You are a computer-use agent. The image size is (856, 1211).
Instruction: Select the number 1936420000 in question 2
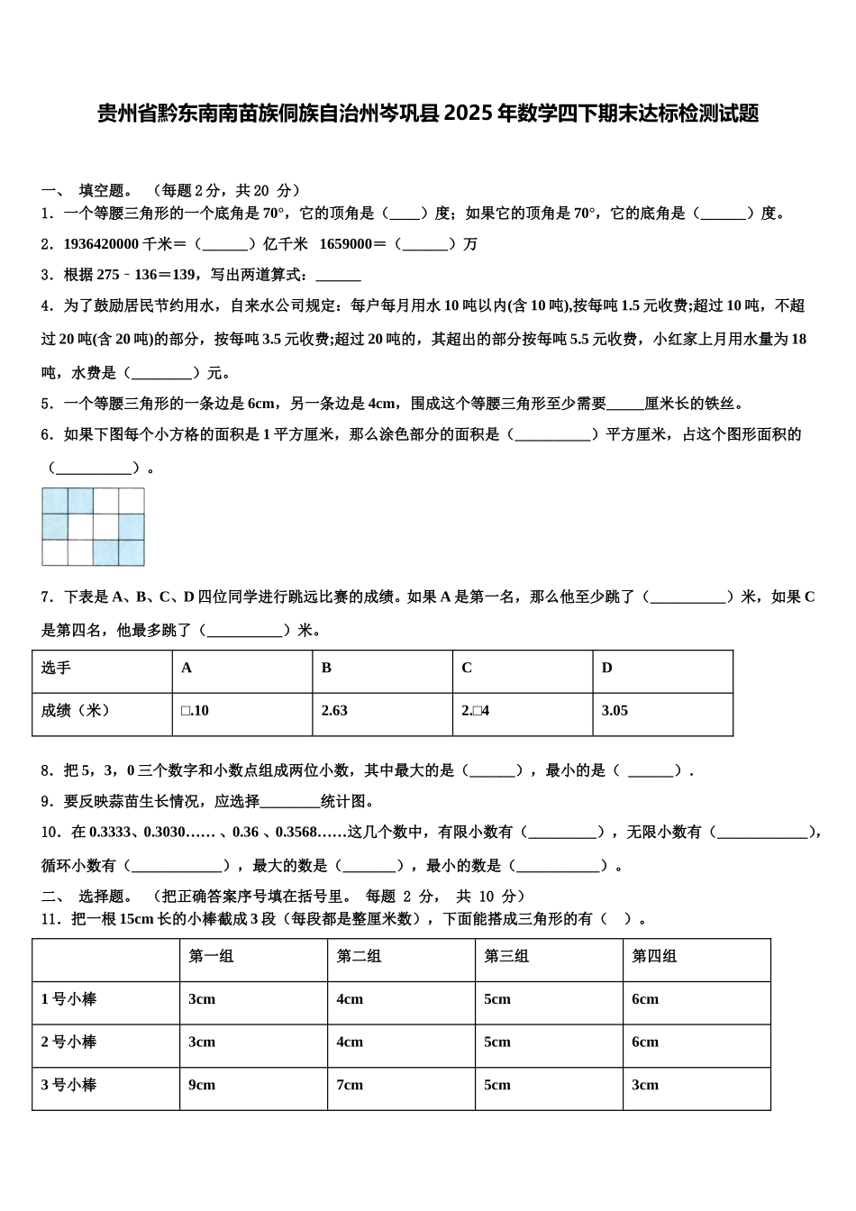101,244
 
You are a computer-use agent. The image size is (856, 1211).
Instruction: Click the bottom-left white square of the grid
55,552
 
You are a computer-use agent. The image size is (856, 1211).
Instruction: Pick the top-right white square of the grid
132,501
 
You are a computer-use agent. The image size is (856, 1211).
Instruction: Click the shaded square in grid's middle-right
132,527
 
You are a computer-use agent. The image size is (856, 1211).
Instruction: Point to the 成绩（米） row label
76,711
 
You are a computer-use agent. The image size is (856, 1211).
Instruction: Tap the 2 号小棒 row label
68,1043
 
